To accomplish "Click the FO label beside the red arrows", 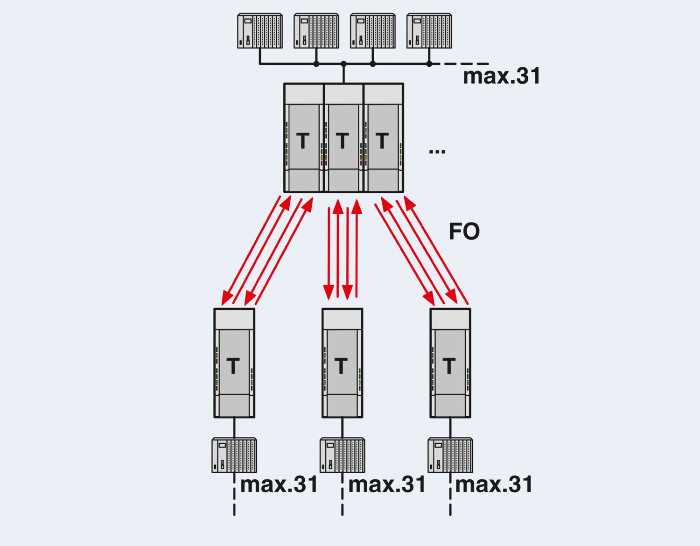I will (464, 231).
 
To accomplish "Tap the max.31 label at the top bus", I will (501, 76).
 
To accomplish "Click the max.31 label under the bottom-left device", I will (279, 484).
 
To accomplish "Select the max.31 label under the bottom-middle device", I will (387, 484).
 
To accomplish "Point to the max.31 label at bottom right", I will (494, 484).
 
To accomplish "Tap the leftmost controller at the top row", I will (259, 31).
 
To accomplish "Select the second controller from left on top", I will (316, 31).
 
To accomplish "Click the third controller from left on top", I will (372, 31).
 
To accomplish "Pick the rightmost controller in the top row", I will (429, 31).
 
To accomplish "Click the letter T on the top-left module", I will (303, 140).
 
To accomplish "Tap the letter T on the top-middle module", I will (343, 140).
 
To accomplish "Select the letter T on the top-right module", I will (382, 140).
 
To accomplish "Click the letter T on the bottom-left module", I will (233, 366).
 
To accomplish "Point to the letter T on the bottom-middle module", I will (341, 366).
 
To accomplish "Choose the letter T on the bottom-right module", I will (449, 366).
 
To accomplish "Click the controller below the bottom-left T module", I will (234, 455).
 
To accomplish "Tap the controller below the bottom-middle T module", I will (342, 455).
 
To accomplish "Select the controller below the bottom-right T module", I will (450, 455).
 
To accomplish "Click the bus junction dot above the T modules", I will (343, 63).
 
